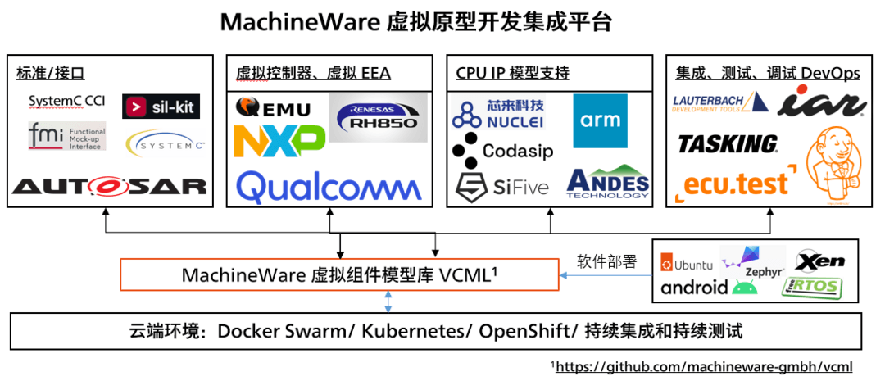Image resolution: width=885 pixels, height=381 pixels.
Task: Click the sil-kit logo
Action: (x=161, y=107)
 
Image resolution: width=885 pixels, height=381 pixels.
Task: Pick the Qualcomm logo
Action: (x=329, y=186)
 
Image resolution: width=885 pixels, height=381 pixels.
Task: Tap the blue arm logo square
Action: (x=600, y=120)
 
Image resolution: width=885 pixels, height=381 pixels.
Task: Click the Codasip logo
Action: (x=502, y=152)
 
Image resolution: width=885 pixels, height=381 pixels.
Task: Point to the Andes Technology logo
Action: (x=607, y=184)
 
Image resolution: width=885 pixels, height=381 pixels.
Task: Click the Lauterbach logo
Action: (x=720, y=103)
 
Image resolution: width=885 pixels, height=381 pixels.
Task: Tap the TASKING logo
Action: (x=728, y=144)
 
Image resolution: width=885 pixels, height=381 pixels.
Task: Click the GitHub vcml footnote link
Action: (x=704, y=366)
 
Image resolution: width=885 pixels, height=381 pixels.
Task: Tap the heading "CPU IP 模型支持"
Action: (x=512, y=74)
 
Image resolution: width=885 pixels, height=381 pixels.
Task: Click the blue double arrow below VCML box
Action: (x=388, y=301)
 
